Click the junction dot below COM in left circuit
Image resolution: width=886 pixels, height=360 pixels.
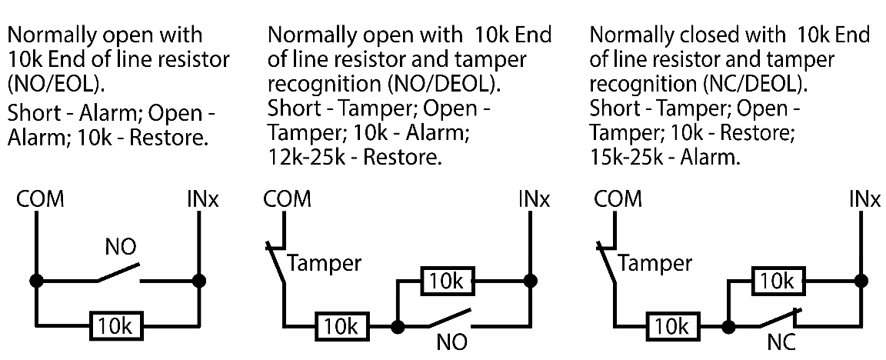tap(36, 281)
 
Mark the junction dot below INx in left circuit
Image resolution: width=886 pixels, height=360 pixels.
tap(200, 281)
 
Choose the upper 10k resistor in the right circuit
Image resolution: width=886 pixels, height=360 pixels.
tap(778, 281)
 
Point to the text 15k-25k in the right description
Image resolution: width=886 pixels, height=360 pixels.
tap(624, 158)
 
